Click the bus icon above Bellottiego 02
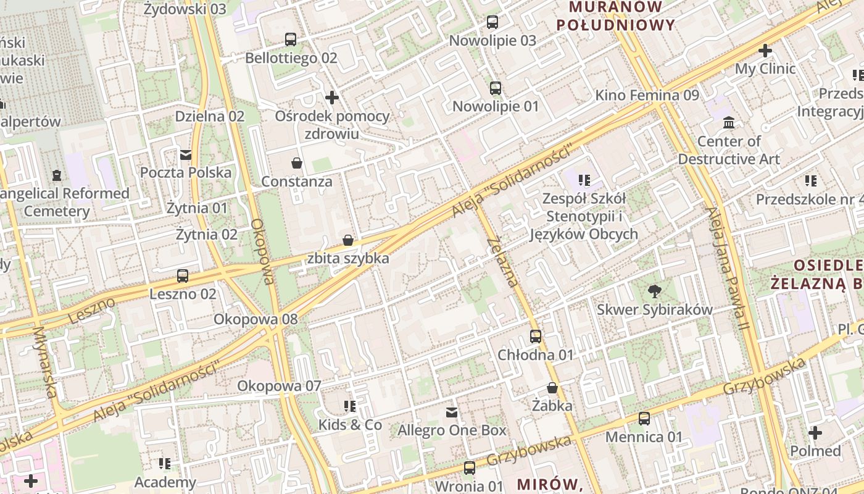[x=290, y=40]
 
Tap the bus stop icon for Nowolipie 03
[x=492, y=22]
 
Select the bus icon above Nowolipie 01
[x=496, y=88]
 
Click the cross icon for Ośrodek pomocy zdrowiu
[x=332, y=98]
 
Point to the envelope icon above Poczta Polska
[x=186, y=154]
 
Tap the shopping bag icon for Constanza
[x=297, y=163]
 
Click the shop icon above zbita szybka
[x=348, y=240]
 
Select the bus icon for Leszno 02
[x=183, y=275]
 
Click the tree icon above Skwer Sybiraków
[x=654, y=291]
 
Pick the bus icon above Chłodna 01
[x=536, y=337]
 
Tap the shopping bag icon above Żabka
[x=552, y=388]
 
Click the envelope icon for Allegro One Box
[x=452, y=412]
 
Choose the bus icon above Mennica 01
[x=644, y=419]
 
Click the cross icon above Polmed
[x=815, y=433]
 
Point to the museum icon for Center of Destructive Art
[x=729, y=123]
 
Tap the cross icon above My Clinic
[x=765, y=51]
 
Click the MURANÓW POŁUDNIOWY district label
[x=616, y=16]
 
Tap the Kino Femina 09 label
[x=647, y=95]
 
